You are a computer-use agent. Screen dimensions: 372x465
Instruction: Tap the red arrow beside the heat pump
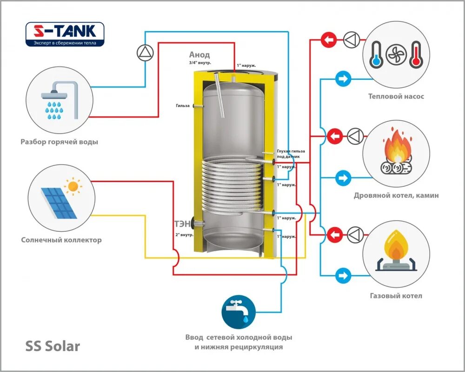pyautogui.click(x=329, y=40)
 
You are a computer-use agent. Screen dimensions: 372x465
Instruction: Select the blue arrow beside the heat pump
pyautogui.click(x=343, y=79)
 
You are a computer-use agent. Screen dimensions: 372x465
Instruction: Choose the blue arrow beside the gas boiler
pyautogui.click(x=343, y=275)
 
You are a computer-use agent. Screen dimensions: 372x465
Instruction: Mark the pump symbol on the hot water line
pyautogui.click(x=145, y=52)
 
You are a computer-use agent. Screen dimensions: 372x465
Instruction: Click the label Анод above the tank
pyautogui.click(x=199, y=55)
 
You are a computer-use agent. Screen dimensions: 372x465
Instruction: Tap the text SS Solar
pyautogui.click(x=52, y=346)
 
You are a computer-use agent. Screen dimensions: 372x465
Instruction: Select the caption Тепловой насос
pyautogui.click(x=396, y=97)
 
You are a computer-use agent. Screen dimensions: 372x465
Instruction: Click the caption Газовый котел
pyautogui.click(x=396, y=296)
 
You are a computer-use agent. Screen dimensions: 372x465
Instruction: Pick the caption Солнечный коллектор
pyautogui.click(x=61, y=240)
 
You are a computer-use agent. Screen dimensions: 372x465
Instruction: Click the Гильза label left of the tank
pyautogui.click(x=183, y=105)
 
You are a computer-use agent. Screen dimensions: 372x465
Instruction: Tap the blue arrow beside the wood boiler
pyautogui.click(x=343, y=178)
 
